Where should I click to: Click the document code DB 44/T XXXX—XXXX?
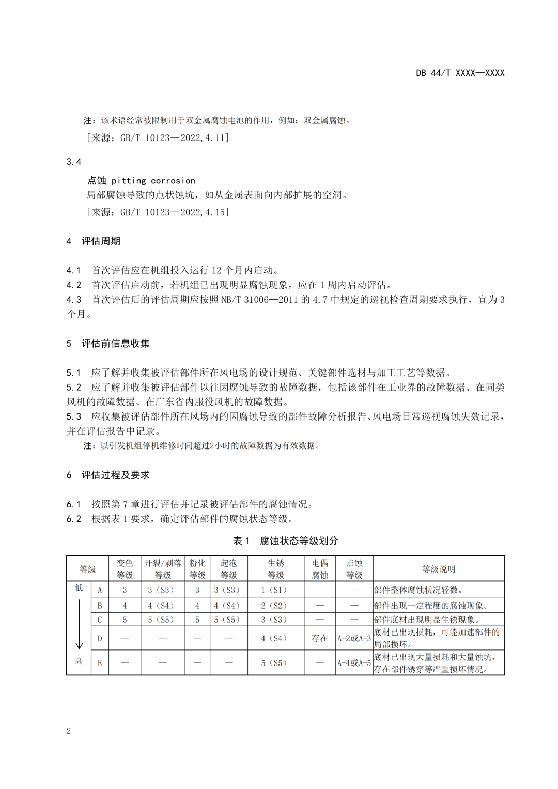pyautogui.click(x=460, y=73)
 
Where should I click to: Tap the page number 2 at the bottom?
pyautogui.click(x=69, y=730)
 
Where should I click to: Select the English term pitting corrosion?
pyautogui.click(x=153, y=180)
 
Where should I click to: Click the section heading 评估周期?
pyautogui.click(x=101, y=241)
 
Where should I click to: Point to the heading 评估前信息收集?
pyautogui.click(x=115, y=343)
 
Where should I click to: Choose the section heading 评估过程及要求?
pyautogui.click(x=115, y=475)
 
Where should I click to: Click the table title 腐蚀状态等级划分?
pyautogui.click(x=299, y=540)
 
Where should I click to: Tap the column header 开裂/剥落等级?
pyautogui.click(x=163, y=569)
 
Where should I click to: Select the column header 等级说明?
pyautogui.click(x=438, y=569)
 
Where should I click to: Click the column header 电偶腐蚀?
pyautogui.click(x=319, y=569)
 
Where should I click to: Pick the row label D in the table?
pyautogui.click(x=100, y=638)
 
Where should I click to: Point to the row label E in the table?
pyautogui.click(x=100, y=663)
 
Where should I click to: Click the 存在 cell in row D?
pyautogui.click(x=319, y=638)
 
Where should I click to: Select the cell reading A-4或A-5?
pyautogui.click(x=354, y=663)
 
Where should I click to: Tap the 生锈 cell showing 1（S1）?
pyautogui.click(x=275, y=590)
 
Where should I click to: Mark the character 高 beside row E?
pyautogui.click(x=79, y=661)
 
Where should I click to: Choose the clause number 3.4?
pyautogui.click(x=74, y=162)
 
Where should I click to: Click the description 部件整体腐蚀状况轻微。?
pyautogui.click(x=419, y=590)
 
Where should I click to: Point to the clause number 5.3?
pyautogui.click(x=74, y=416)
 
